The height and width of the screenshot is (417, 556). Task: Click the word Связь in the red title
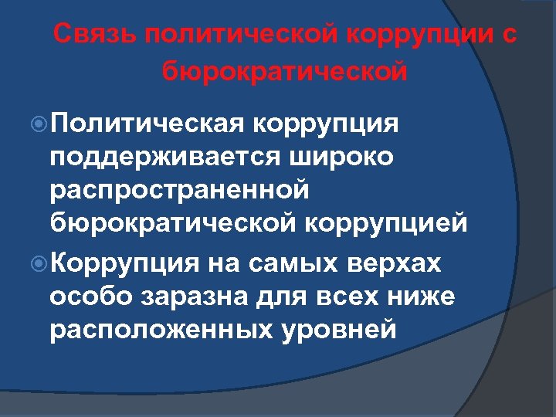(x=92, y=36)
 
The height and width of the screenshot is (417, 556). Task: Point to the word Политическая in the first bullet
(x=147, y=124)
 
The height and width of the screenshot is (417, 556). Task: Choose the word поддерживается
(x=161, y=156)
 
